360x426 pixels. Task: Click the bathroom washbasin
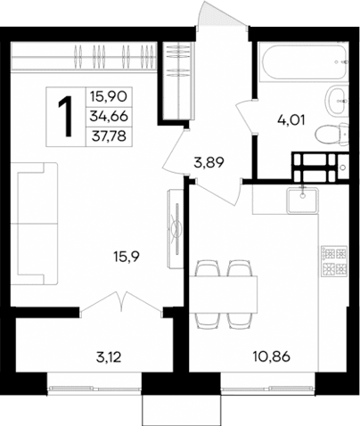coord(337,99)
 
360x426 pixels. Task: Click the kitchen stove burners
coord(331,259)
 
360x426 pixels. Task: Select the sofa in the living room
coord(36,218)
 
